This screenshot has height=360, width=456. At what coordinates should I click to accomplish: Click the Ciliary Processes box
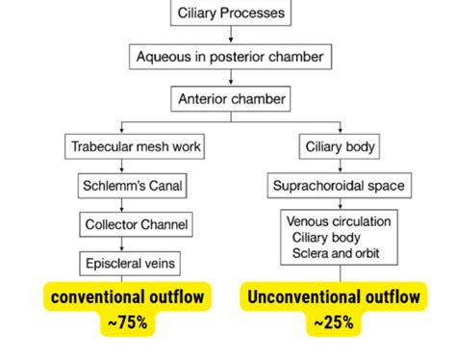(x=231, y=13)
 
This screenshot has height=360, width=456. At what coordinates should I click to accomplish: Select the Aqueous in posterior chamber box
(x=231, y=56)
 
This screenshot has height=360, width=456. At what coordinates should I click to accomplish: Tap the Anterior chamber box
(x=231, y=98)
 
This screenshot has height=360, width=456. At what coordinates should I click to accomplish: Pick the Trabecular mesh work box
(x=121, y=147)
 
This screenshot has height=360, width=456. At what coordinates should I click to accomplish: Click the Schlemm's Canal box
(x=121, y=186)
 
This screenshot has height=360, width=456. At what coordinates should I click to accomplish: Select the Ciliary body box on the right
(x=340, y=147)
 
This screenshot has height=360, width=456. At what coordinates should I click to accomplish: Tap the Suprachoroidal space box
(x=340, y=186)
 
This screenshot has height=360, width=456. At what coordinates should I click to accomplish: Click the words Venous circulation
(x=339, y=221)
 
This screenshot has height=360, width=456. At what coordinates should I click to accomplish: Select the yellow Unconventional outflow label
(x=333, y=296)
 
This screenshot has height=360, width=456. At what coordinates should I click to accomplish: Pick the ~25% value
(x=333, y=323)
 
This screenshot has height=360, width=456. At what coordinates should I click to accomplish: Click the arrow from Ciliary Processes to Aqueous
(x=231, y=35)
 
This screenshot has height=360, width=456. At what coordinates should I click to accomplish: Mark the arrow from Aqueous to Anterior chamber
(x=231, y=77)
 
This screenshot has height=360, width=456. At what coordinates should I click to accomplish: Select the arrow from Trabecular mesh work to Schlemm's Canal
(x=122, y=167)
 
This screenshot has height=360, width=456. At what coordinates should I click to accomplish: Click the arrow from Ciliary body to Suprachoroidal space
(x=340, y=167)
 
